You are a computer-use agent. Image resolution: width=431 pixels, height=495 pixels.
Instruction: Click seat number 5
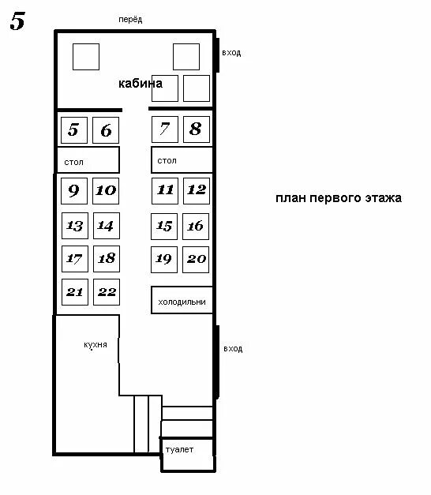click(74, 130)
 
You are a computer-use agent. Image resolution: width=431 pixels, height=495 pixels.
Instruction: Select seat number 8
click(197, 129)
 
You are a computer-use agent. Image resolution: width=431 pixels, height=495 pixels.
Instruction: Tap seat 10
click(106, 191)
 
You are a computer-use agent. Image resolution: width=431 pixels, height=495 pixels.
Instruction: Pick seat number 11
click(165, 191)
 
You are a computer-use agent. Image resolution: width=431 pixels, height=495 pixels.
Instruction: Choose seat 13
click(75, 226)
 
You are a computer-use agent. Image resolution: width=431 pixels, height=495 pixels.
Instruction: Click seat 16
click(196, 227)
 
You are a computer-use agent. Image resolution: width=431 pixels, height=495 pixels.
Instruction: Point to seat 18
click(107, 258)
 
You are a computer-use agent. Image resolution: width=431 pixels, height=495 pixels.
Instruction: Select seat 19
click(164, 260)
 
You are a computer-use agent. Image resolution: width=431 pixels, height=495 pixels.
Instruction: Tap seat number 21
click(75, 292)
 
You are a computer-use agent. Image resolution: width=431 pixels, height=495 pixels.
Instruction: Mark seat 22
click(107, 292)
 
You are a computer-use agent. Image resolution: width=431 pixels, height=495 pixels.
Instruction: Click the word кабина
click(141, 84)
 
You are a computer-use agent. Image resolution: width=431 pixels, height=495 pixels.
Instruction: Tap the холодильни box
click(182, 300)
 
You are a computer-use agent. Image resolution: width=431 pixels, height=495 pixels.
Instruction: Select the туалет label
click(179, 449)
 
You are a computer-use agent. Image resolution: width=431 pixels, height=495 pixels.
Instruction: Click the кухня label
click(96, 344)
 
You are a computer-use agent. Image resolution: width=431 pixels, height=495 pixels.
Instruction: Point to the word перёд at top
click(130, 20)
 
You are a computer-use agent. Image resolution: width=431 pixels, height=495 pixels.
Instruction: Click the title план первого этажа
click(339, 198)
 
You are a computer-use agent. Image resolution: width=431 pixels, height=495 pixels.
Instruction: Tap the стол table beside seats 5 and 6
click(88, 159)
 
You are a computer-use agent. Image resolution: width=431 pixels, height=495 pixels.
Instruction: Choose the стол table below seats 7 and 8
click(182, 159)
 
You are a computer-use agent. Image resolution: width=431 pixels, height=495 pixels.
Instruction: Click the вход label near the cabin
click(231, 52)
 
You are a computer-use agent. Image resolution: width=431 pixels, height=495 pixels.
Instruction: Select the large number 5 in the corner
click(17, 21)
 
